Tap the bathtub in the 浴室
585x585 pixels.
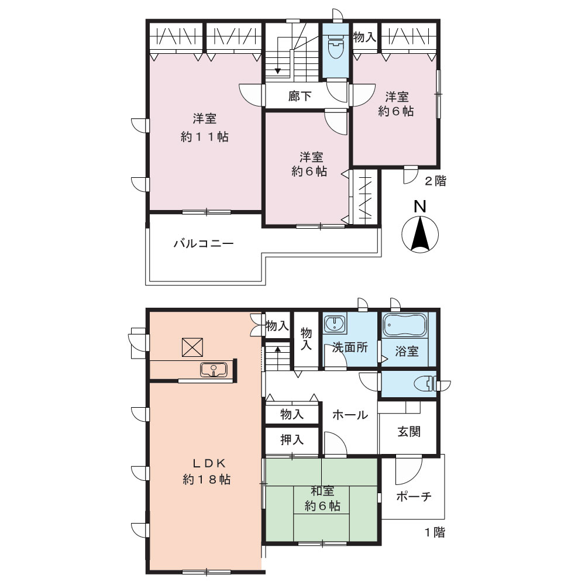pyautogui.click(x=405, y=325)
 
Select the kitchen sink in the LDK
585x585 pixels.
pyautogui.click(x=214, y=370)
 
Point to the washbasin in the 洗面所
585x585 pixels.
pyautogui.click(x=334, y=324)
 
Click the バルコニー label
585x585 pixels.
pyautogui.click(x=204, y=243)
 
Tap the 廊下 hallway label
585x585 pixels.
pyautogui.click(x=300, y=96)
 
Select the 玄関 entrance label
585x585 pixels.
pyautogui.click(x=409, y=431)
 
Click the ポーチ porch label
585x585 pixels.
pyautogui.click(x=414, y=496)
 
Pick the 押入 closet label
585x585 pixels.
pyautogui.click(x=292, y=439)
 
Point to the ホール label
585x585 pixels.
pyautogui.click(x=350, y=415)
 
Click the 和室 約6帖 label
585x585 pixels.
pyautogui.click(x=322, y=498)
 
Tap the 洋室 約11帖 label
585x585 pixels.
pyautogui.click(x=204, y=128)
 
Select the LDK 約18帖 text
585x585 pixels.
pyautogui.click(x=207, y=471)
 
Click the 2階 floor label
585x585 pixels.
pyautogui.click(x=435, y=181)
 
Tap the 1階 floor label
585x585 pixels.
pyautogui.click(x=435, y=532)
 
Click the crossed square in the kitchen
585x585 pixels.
pyautogui.click(x=192, y=347)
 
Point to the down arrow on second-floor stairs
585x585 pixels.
pyautogui.click(x=277, y=71)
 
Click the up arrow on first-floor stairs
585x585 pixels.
pyautogui.click(x=277, y=350)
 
